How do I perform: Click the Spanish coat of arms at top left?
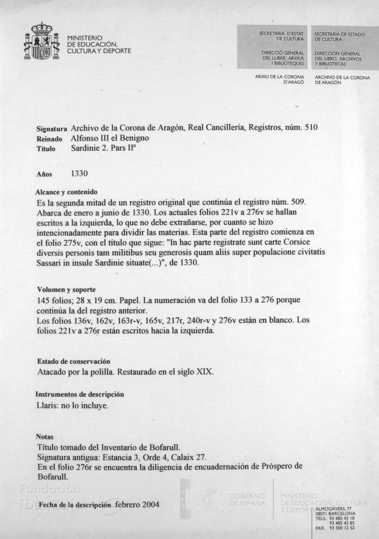tap(42, 41)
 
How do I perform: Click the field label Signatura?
tap(51, 129)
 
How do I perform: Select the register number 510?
tap(311, 127)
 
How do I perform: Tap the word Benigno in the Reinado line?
tap(133, 138)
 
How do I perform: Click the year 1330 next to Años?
tap(79, 174)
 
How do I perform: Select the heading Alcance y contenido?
tap(66, 192)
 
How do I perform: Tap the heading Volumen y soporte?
tap(66, 290)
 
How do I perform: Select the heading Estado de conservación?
tap(74, 361)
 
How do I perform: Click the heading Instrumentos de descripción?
tap(80, 394)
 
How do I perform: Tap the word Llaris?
tap(47, 405)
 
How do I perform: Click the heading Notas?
tap(45, 437)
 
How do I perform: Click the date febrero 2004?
tap(137, 505)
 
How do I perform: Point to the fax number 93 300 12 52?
tap(342, 528)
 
